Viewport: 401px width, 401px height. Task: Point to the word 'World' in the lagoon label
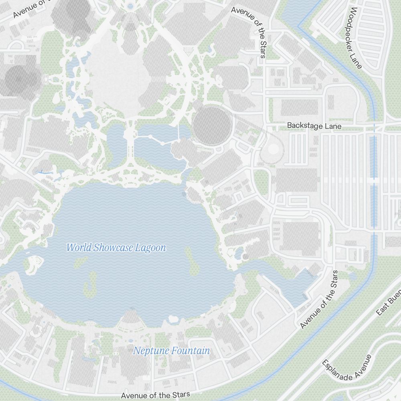[x=79, y=248]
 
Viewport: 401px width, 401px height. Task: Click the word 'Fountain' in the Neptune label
[x=190, y=351]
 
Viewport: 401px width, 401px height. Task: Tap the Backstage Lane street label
[x=314, y=126]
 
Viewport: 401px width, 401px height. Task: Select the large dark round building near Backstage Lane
[x=213, y=126]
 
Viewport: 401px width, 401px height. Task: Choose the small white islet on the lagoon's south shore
[x=174, y=319]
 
